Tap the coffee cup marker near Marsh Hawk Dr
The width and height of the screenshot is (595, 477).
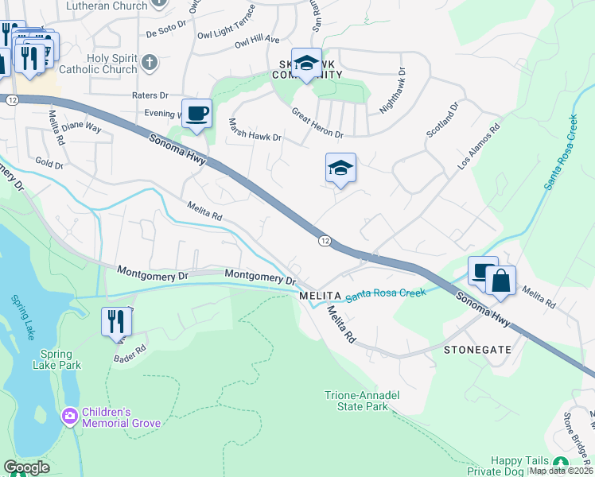(x=196, y=112)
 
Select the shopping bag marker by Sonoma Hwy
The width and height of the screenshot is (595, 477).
(x=500, y=281)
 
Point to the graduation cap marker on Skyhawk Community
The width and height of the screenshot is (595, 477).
(x=306, y=64)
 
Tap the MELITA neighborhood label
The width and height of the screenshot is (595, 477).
(x=320, y=295)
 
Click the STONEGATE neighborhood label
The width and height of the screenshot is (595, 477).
(x=477, y=349)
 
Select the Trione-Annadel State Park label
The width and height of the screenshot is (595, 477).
(x=362, y=401)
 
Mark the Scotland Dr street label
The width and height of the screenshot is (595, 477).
(x=444, y=119)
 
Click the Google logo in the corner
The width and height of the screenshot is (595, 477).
(x=26, y=467)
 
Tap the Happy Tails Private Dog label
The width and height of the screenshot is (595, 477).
(x=518, y=466)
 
